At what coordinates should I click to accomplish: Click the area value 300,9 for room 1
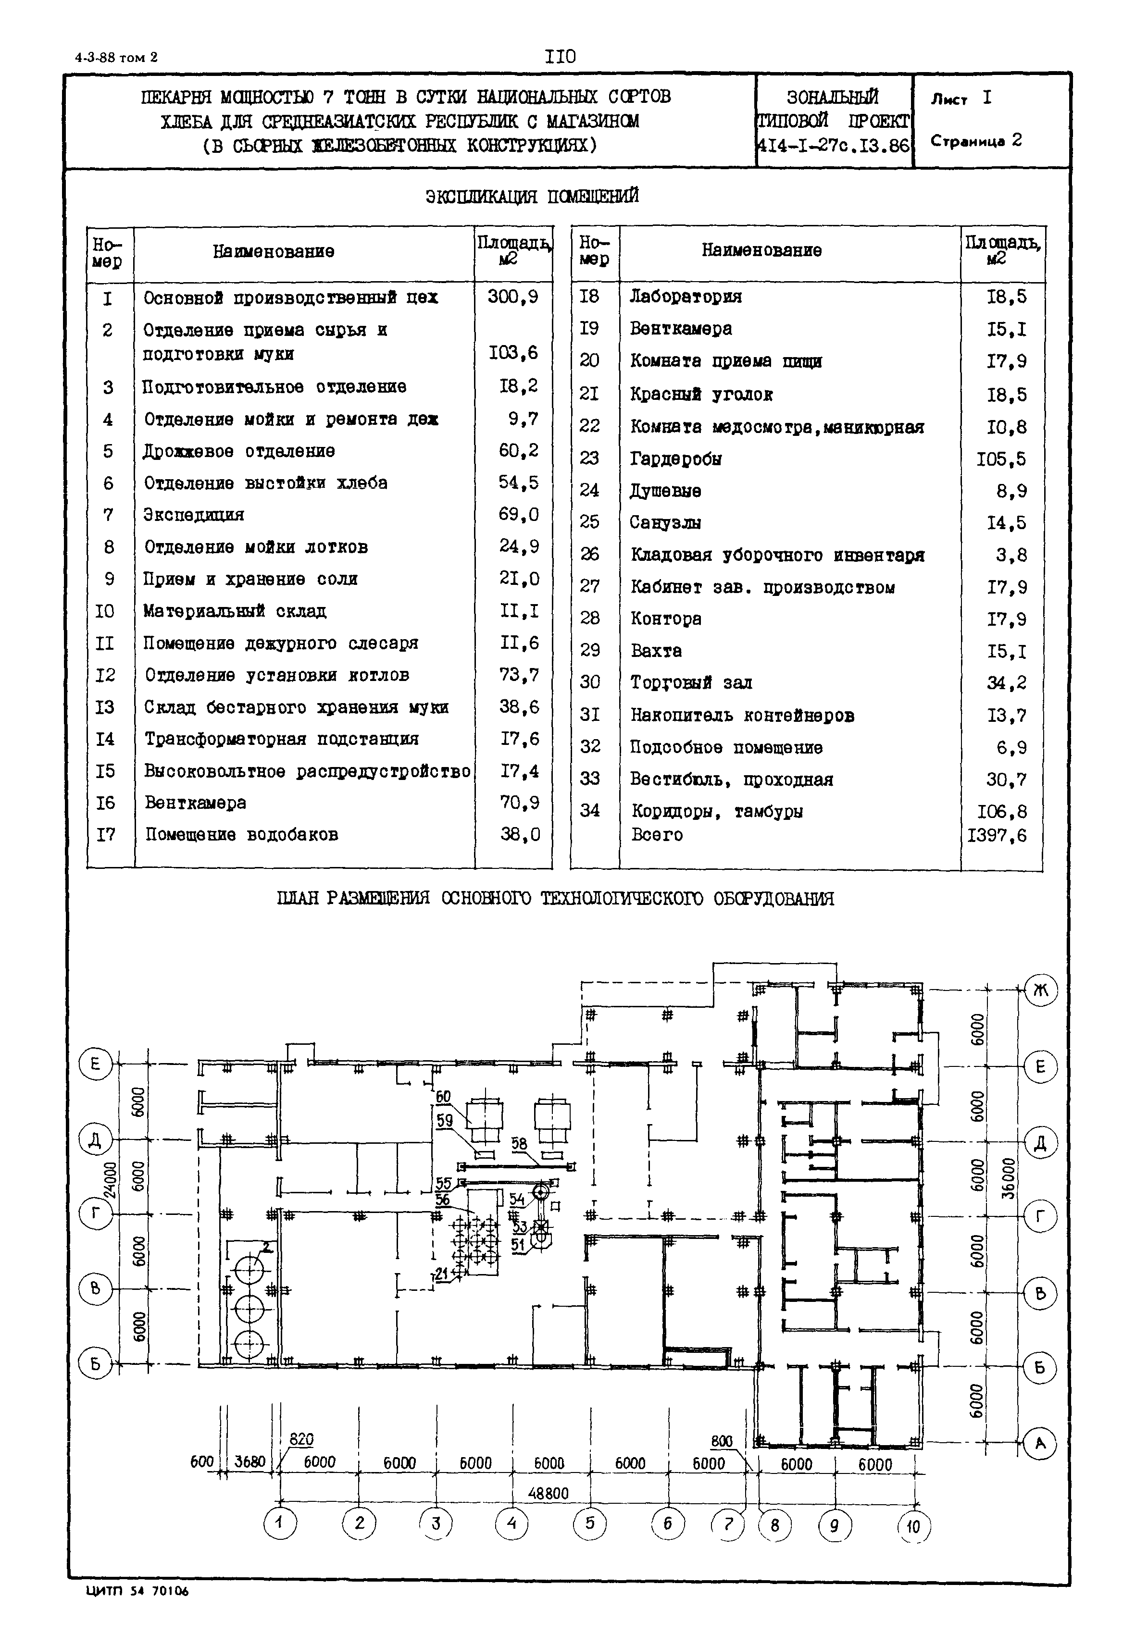(x=513, y=297)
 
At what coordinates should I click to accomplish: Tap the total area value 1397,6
(x=997, y=835)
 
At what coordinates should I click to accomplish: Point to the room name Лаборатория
(x=686, y=297)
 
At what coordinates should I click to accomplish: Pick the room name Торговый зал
(x=691, y=682)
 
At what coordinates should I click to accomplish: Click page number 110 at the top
(x=561, y=57)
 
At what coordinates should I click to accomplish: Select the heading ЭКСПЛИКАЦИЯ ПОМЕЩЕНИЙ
(x=532, y=196)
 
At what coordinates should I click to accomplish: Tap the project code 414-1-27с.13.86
(x=834, y=146)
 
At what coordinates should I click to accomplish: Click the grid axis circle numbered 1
(x=280, y=1522)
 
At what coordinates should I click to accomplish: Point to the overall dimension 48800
(x=549, y=1493)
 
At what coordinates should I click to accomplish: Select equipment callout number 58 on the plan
(x=519, y=1144)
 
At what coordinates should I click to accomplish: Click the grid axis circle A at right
(x=1040, y=1443)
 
